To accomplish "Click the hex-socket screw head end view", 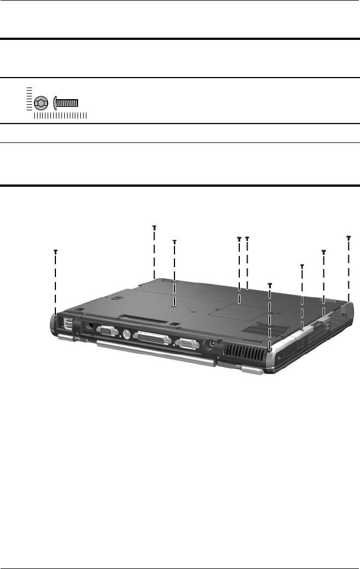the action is (40, 103).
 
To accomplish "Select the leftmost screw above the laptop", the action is (55, 251).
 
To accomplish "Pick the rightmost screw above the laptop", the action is (348, 237).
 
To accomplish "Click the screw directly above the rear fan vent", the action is (270, 285).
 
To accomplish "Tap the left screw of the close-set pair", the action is (239, 239).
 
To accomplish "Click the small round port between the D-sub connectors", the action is (125, 335).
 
